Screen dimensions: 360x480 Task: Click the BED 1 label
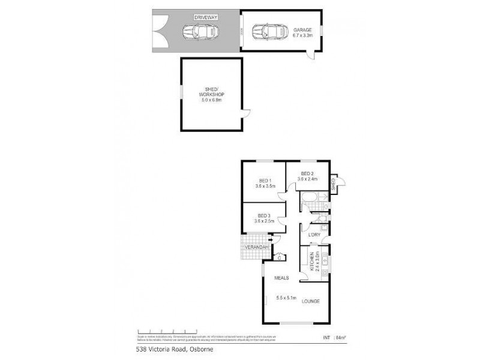pyautogui.click(x=265, y=181)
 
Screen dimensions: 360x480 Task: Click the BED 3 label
pyautogui.click(x=264, y=215)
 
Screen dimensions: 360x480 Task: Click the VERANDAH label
pyautogui.click(x=252, y=247)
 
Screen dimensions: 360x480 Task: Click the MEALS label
pyautogui.click(x=282, y=278)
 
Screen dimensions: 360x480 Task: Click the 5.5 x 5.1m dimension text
pyautogui.click(x=287, y=297)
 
